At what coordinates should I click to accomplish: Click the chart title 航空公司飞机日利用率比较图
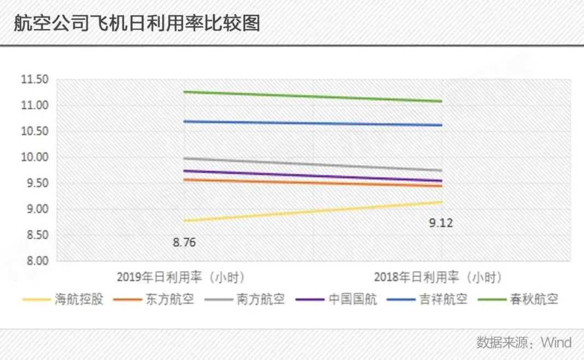pyautogui.click(x=137, y=23)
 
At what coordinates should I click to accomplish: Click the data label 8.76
pyautogui.click(x=184, y=242)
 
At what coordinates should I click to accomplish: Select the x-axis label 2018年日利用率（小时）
pyautogui.click(x=438, y=277)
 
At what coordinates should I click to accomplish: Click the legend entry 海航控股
pyautogui.click(x=79, y=299)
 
